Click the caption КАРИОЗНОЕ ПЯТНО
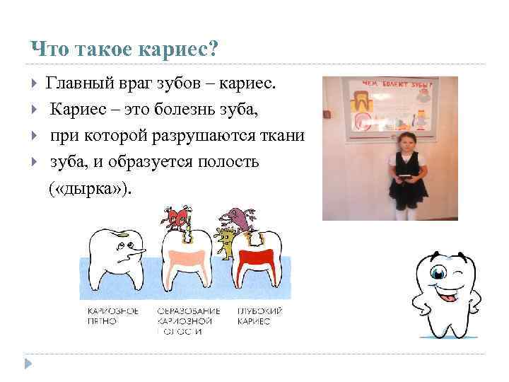[113, 316]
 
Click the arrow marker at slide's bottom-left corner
[28, 364]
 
